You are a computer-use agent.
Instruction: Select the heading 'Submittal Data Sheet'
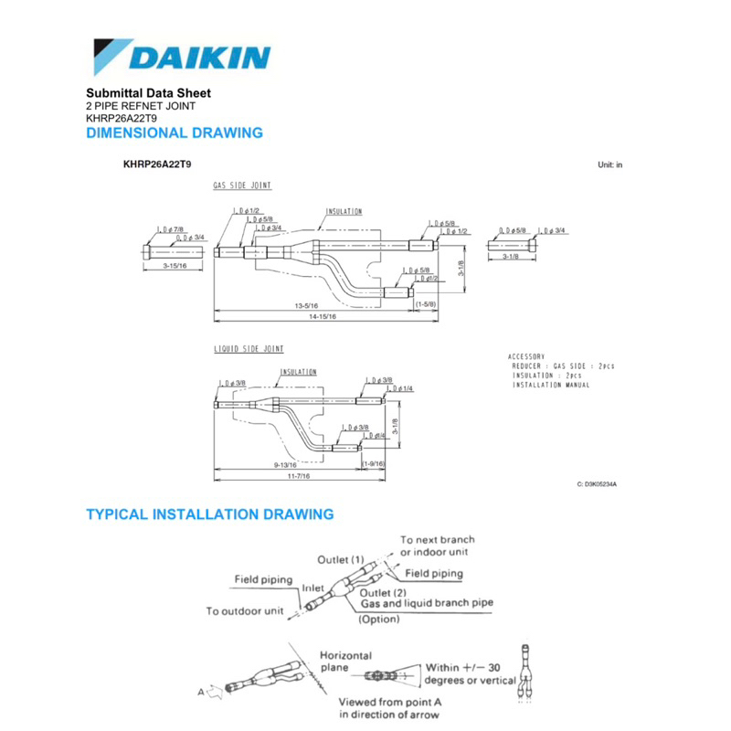pyautogui.click(x=148, y=93)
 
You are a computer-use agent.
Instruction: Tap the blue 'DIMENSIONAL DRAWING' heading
pyautogui.click(x=174, y=133)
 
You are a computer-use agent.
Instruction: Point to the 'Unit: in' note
pyautogui.click(x=609, y=165)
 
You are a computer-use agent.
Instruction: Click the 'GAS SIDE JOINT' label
pyautogui.click(x=242, y=185)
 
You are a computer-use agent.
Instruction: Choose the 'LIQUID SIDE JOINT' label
pyautogui.click(x=249, y=349)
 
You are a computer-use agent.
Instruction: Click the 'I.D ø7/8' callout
pyautogui.click(x=171, y=228)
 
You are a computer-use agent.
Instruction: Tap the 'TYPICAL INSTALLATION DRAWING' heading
pyautogui.click(x=209, y=514)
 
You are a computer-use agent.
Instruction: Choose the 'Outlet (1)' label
pyautogui.click(x=341, y=559)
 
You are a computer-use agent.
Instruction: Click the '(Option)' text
pyautogui.click(x=378, y=619)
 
